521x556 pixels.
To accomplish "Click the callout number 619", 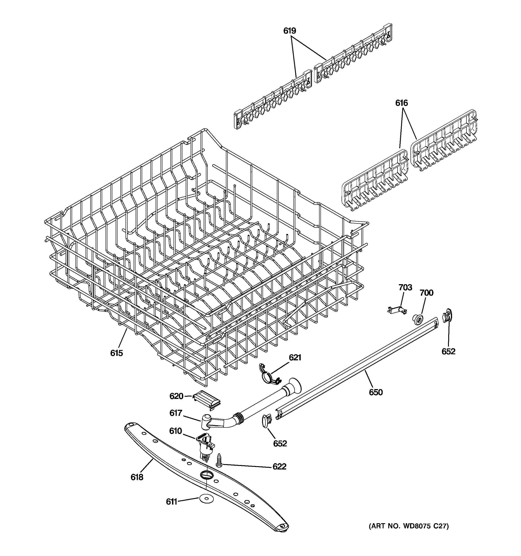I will click(289, 31).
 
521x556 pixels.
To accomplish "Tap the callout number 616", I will click(401, 103).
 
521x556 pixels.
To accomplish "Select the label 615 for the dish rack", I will click(116, 353).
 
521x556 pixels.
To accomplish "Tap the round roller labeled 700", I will click(417, 319).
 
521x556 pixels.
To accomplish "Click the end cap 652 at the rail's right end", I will click(447, 316).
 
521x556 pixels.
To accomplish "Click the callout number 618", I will click(137, 477).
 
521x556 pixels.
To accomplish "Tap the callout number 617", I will click(176, 413).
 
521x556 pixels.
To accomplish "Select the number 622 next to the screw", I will click(279, 467).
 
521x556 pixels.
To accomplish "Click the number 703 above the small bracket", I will click(405, 287).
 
